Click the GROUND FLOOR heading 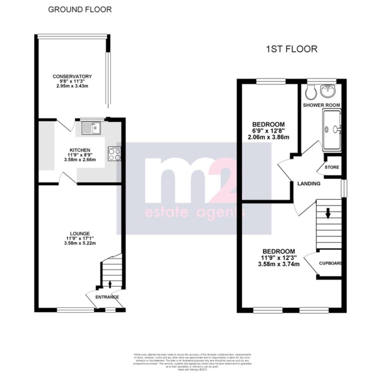(80, 9)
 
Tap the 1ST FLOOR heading (291, 49)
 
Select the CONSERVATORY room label (72, 77)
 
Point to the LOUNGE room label (80, 234)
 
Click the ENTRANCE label (107, 297)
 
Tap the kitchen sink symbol (91, 127)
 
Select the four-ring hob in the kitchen (114, 154)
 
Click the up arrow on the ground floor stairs (110, 283)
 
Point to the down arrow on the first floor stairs (328, 214)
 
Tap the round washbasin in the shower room (327, 90)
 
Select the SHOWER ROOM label (322, 105)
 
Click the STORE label (332, 167)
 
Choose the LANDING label (309, 184)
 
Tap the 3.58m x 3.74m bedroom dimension (279, 264)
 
